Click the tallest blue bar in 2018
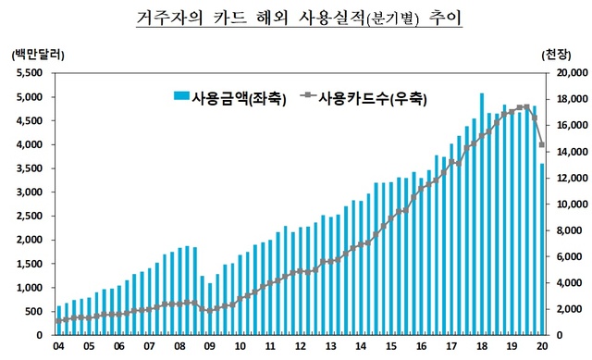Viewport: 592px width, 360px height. tap(482, 214)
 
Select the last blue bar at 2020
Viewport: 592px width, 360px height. tap(542, 250)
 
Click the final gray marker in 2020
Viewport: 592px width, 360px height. tap(542, 145)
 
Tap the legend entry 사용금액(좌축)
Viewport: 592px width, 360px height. tap(231, 96)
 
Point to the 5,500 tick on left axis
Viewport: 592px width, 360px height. tap(31, 73)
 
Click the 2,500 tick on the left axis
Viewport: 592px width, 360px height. tap(31, 216)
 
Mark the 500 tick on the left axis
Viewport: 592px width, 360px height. tap(35, 311)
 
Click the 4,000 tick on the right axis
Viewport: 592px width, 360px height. tap(565, 282)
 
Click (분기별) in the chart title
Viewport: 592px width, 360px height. tap(371, 19)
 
